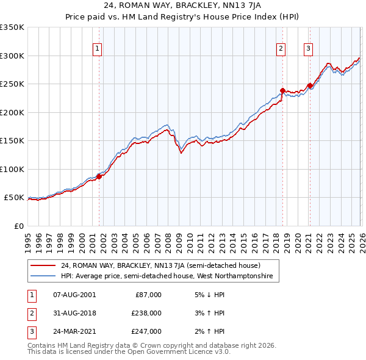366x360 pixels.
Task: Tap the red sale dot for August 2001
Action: pyautogui.click(x=99, y=176)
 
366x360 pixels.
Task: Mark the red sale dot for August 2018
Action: pyautogui.click(x=282, y=90)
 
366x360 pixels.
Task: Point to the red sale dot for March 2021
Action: pyautogui.click(x=310, y=85)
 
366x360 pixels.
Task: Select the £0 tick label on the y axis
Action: pyautogui.click(x=20, y=226)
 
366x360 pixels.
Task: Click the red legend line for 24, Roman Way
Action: pyautogui.click(x=45, y=265)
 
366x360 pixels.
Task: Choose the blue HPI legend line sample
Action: pyautogui.click(x=45, y=276)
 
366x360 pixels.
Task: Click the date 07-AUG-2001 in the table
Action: pyautogui.click(x=74, y=295)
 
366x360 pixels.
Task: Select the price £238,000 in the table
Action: pyautogui.click(x=146, y=313)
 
